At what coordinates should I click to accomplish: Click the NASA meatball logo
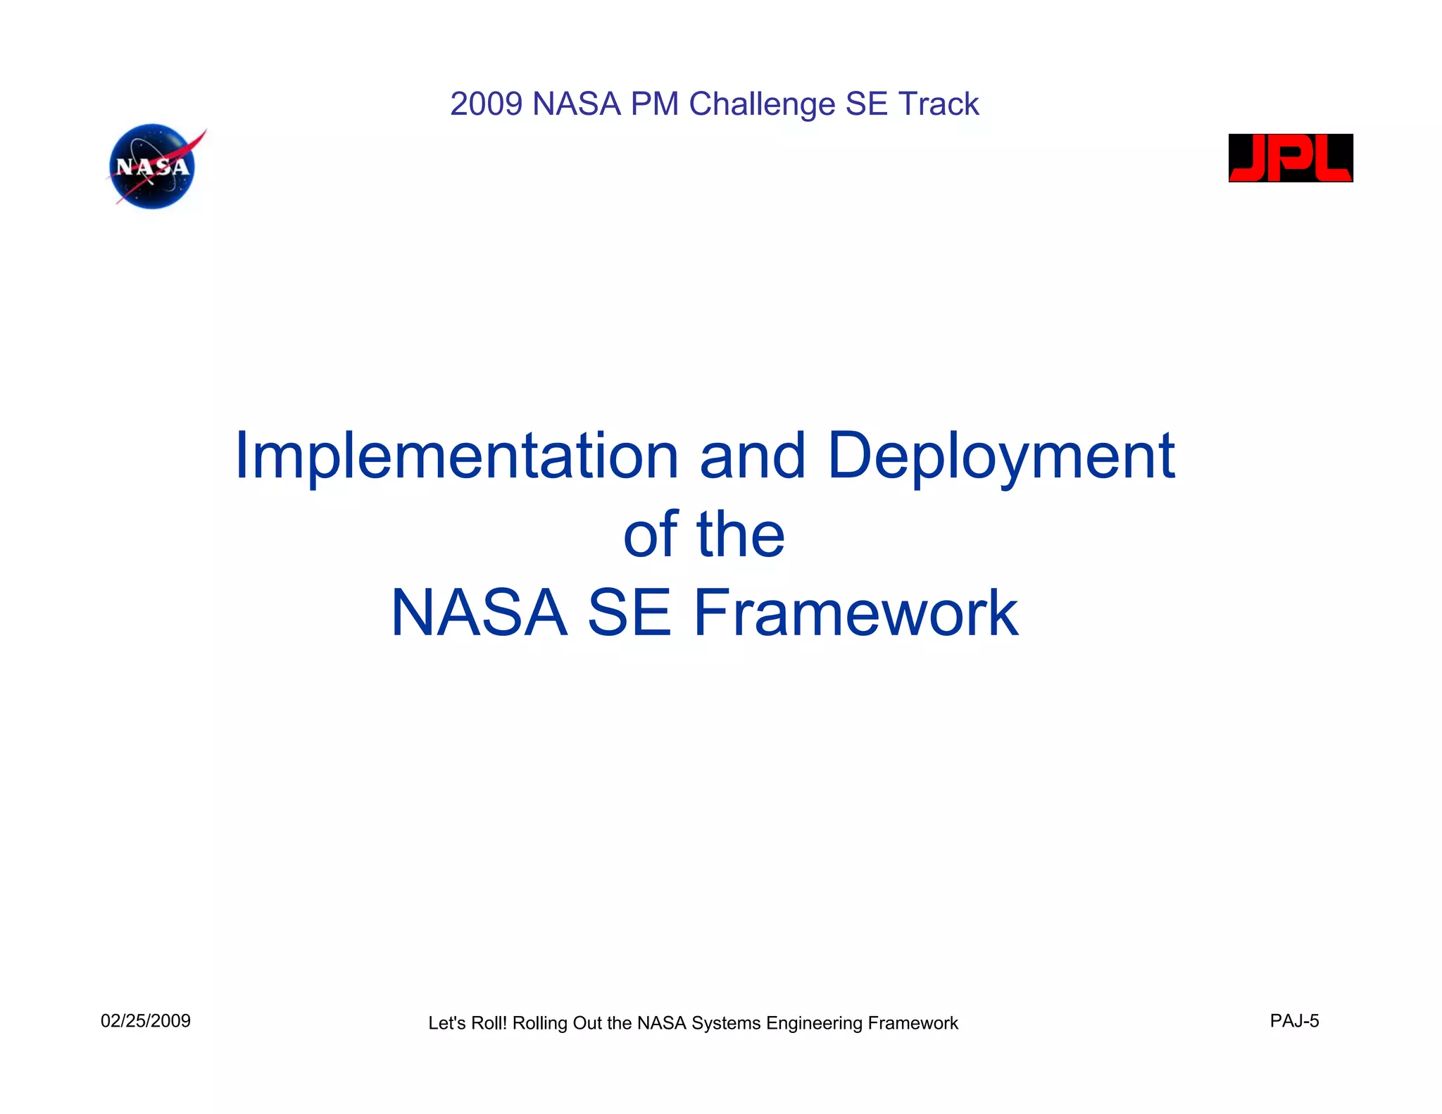pyautogui.click(x=153, y=167)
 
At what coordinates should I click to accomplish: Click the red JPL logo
pyautogui.click(x=1290, y=158)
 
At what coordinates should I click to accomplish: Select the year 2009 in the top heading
pyautogui.click(x=486, y=104)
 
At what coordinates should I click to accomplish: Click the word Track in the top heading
pyautogui.click(x=938, y=104)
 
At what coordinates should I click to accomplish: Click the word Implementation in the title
pyautogui.click(x=456, y=456)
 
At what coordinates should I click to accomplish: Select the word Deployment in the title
pyautogui.click(x=1000, y=456)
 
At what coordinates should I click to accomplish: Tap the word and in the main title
pyautogui.click(x=752, y=456)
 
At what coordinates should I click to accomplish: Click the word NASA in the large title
pyautogui.click(x=479, y=613)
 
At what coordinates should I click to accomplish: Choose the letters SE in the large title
pyautogui.click(x=629, y=613)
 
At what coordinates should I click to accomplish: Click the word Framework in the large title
pyautogui.click(x=855, y=613)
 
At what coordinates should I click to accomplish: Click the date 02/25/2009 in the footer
pyautogui.click(x=146, y=1021)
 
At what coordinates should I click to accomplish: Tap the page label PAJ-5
pyautogui.click(x=1294, y=1021)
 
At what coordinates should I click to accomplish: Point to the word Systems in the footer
pyautogui.click(x=726, y=1023)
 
